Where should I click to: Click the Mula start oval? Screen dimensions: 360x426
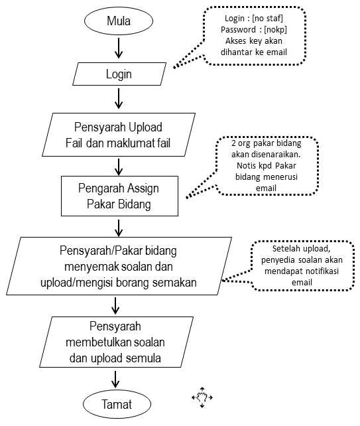[x=119, y=21]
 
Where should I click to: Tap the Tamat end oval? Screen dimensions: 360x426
[x=117, y=404]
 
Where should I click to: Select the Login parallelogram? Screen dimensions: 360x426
[x=119, y=74]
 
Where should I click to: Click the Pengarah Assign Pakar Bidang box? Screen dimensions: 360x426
[x=120, y=196]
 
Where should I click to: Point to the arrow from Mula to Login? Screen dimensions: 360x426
[x=119, y=48]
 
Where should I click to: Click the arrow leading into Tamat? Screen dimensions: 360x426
[x=115, y=380]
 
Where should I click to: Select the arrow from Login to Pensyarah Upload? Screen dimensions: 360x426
[x=119, y=99]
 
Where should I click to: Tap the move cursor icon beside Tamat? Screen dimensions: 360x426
[x=202, y=397]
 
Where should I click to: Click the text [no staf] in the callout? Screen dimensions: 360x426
[x=267, y=18]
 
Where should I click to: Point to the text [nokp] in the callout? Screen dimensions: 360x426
[x=275, y=29]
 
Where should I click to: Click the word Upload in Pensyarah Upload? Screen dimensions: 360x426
[x=145, y=127]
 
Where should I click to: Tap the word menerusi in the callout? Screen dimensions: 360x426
[x=280, y=177]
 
